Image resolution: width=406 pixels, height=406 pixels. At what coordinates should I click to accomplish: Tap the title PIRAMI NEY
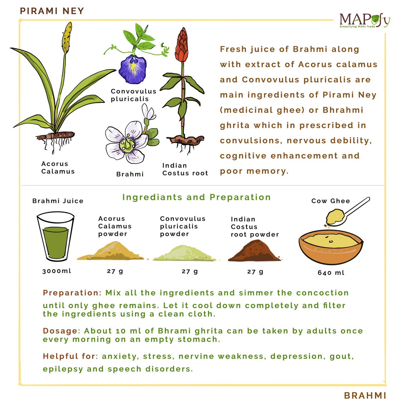point(52,11)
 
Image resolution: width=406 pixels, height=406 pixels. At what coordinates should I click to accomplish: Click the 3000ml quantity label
point(57,271)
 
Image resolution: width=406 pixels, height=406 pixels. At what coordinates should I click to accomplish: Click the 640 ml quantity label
point(331,272)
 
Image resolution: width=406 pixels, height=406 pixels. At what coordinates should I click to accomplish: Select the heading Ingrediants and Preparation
point(196,197)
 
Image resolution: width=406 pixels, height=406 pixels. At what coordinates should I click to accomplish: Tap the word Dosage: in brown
point(62,331)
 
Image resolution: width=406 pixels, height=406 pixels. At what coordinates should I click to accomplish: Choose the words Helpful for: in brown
point(70,356)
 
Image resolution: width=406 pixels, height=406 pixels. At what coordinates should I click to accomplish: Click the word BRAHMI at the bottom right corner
point(365,395)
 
